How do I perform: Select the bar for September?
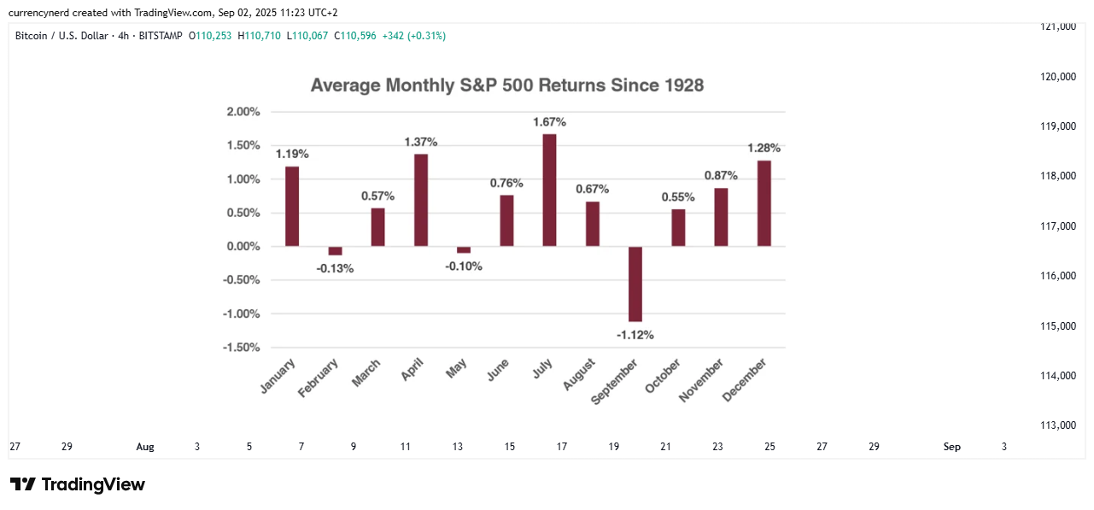(x=635, y=284)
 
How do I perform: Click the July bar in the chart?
(x=549, y=191)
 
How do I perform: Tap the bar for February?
(x=335, y=250)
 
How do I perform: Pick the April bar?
(x=421, y=200)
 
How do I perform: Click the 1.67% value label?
(x=549, y=122)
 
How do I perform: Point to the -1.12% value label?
(x=635, y=335)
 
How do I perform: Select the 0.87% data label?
(x=721, y=175)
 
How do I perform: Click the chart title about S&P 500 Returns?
(x=506, y=85)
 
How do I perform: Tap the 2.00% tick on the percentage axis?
(x=243, y=112)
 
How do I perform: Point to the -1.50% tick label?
(x=242, y=348)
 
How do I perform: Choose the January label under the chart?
(x=278, y=377)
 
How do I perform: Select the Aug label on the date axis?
(x=145, y=447)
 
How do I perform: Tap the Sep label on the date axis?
(x=951, y=447)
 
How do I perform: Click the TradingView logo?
(x=78, y=484)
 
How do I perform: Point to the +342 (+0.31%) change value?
(x=413, y=36)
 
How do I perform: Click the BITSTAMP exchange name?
(x=162, y=36)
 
